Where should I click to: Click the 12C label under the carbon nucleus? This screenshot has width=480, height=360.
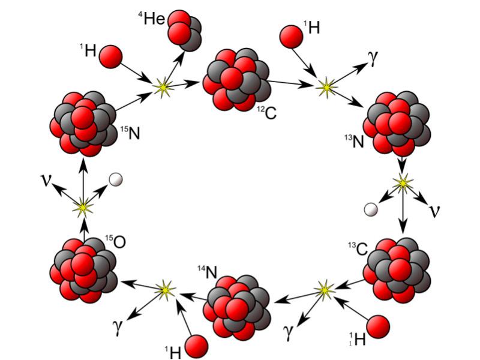[268, 112]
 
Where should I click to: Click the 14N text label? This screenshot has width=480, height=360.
[207, 271]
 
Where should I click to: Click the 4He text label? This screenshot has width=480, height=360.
[152, 19]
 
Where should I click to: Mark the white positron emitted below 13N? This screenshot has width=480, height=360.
[372, 209]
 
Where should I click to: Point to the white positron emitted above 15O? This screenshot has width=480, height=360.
[116, 179]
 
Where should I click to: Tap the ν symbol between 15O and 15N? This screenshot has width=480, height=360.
[46, 179]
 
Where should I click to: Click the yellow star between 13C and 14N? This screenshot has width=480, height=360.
[325, 290]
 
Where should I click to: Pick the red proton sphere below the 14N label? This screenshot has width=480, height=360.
[196, 346]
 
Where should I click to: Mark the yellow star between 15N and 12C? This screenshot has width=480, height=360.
[162, 88]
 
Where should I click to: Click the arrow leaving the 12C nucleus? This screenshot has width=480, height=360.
[292, 83]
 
